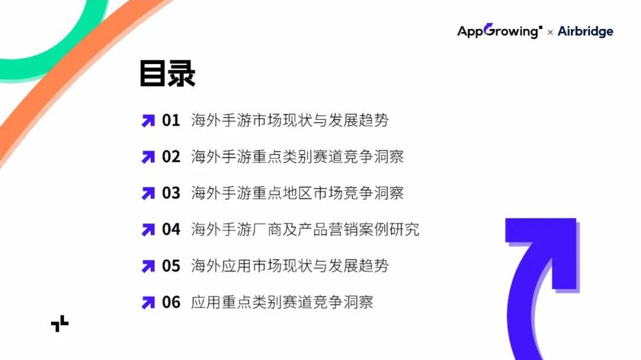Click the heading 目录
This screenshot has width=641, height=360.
pos(167,74)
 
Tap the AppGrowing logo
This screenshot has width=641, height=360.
pos(500,31)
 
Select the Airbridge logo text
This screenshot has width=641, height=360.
pos(585,31)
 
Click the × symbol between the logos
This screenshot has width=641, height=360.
pos(550,32)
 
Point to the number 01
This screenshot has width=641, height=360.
pos(171,120)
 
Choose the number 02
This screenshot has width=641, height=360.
pos(171,157)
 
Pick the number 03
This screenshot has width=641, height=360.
pos(171,193)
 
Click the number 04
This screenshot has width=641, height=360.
pos(171,230)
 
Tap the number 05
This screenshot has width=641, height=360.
pos(171,266)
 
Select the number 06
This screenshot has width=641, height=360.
pos(171,302)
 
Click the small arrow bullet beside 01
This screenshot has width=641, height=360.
pos(148,121)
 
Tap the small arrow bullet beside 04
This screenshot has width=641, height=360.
pos(148,230)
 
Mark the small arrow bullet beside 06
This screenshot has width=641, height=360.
pos(148,303)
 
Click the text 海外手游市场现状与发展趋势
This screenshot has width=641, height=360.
pos(290,120)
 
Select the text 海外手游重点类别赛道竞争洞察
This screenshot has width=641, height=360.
pos(297,157)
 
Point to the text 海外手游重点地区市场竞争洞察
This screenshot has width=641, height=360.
pos(297,193)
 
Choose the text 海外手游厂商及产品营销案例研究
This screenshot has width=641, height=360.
pos(305,230)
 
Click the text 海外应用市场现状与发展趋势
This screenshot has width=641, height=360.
pos(290,266)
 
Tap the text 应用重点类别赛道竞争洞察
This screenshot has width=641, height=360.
pos(282,302)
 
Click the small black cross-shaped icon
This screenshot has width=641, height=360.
pos(60,324)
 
